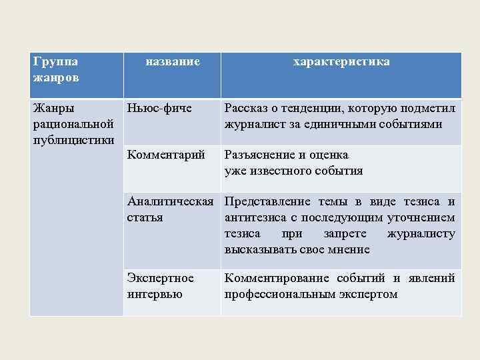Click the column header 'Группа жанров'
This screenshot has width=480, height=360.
[x=55, y=69]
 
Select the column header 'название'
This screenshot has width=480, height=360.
[x=173, y=62]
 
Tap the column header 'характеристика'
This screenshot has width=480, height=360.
[x=341, y=62]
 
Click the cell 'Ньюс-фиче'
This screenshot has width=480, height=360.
[x=159, y=107]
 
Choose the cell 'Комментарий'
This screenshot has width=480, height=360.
[x=165, y=155]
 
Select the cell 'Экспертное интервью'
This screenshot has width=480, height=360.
[x=160, y=285]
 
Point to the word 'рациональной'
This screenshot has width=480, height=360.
[x=73, y=123]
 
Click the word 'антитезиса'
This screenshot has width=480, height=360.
[x=256, y=218]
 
